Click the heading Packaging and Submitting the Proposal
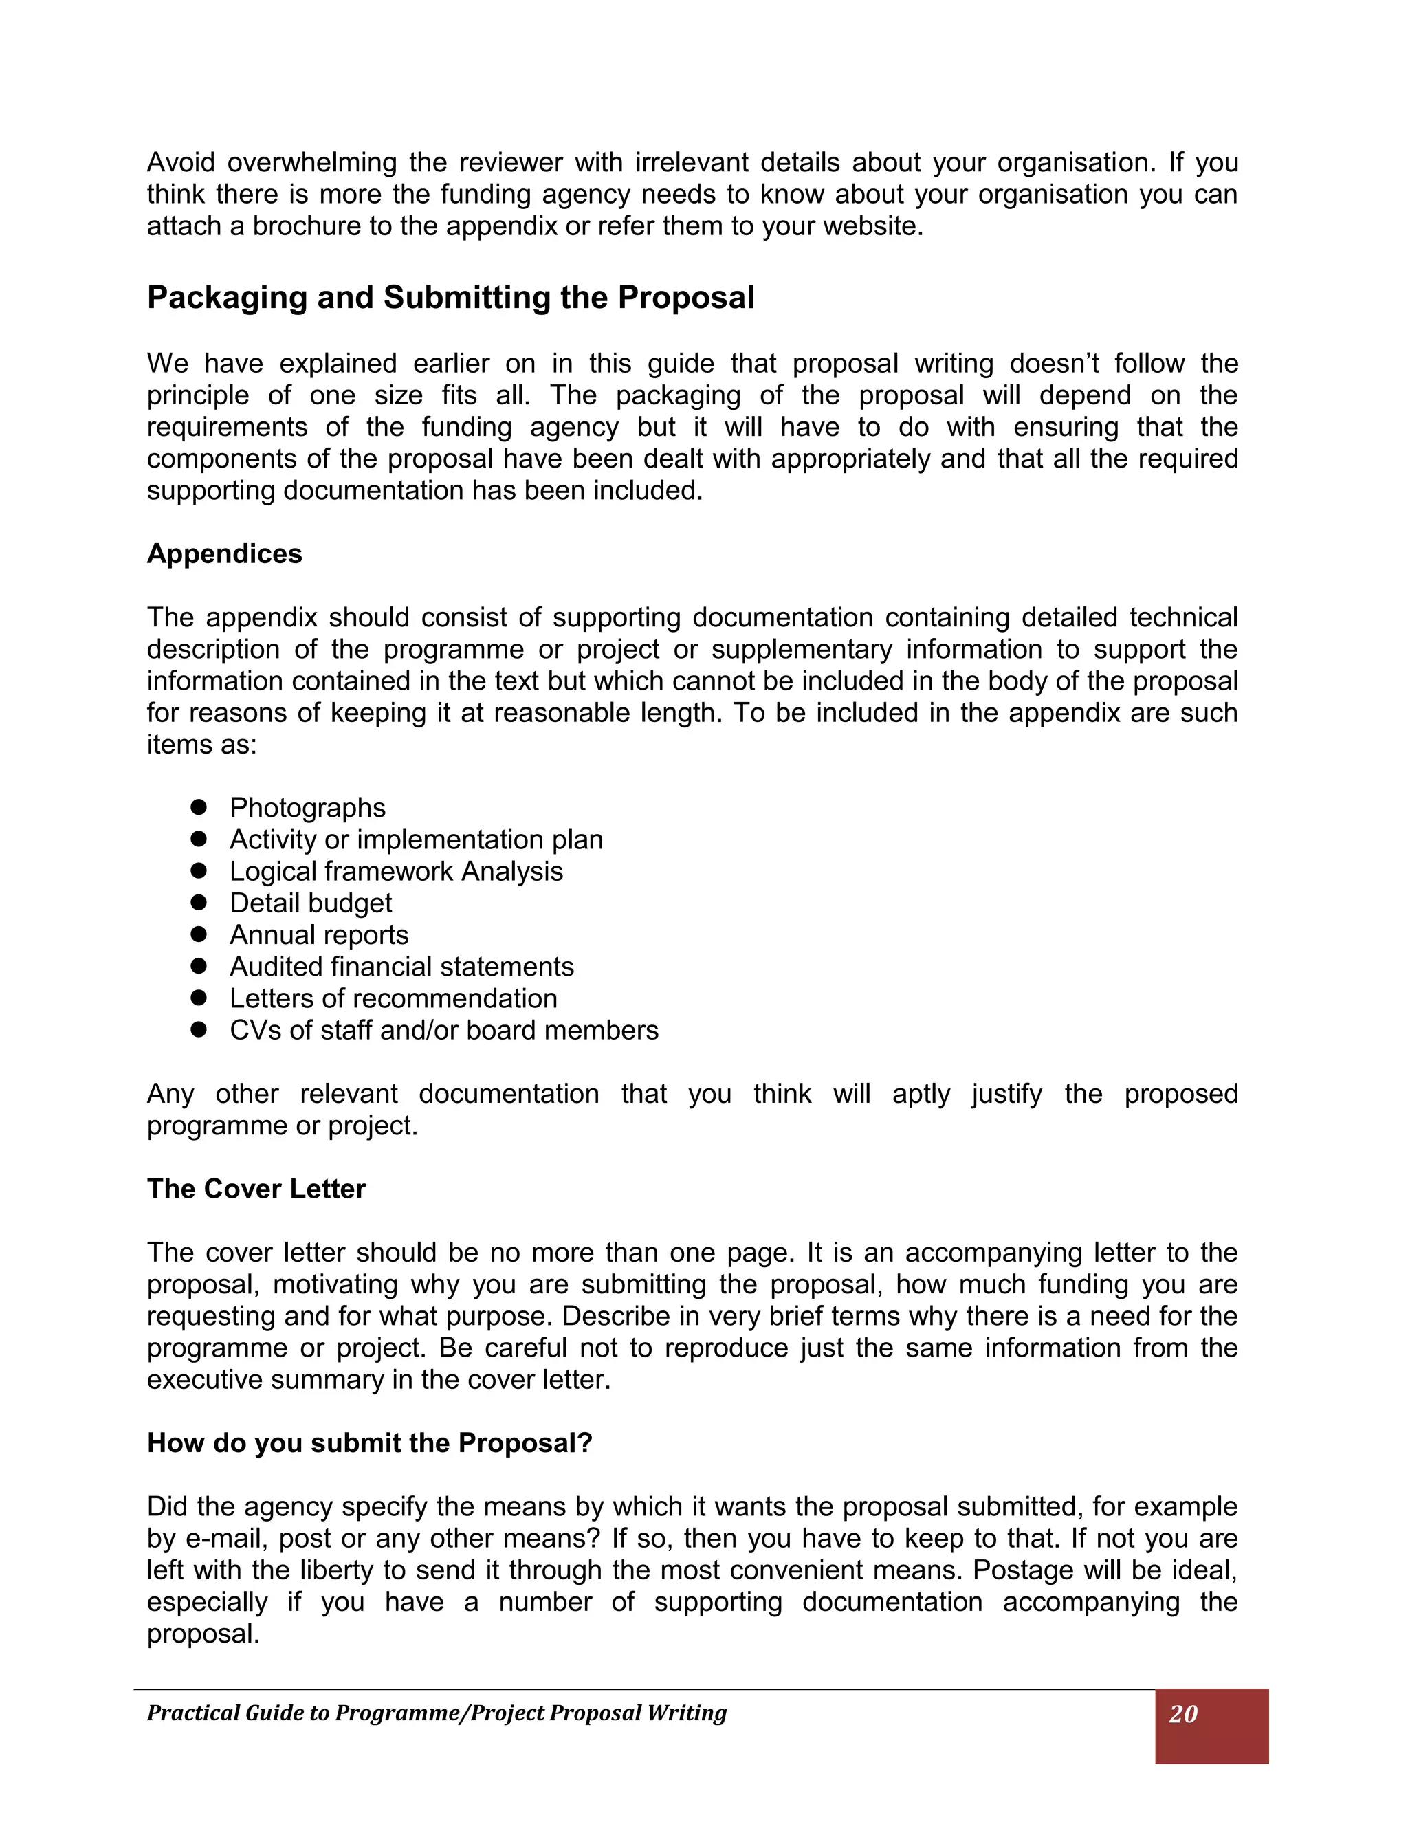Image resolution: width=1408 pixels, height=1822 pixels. [x=450, y=298]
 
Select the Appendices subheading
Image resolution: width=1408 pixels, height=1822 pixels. [x=224, y=554]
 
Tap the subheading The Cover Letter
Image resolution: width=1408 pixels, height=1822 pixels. [x=256, y=1189]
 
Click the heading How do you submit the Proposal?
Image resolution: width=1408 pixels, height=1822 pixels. [x=369, y=1442]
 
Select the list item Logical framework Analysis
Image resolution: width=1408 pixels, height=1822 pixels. [x=396, y=871]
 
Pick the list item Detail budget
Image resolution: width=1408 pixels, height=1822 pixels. [x=310, y=903]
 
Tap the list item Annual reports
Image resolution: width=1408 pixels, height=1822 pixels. [x=318, y=934]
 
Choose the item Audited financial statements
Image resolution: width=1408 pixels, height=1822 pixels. [x=401, y=966]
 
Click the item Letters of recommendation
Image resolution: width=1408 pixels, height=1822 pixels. [x=393, y=998]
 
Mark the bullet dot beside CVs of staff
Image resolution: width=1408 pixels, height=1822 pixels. [x=199, y=1029]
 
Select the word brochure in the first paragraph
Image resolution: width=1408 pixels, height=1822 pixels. [x=307, y=226]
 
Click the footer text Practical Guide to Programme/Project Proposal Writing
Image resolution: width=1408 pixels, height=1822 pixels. [x=437, y=1713]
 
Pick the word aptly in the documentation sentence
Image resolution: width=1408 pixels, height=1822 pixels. [x=920, y=1094]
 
